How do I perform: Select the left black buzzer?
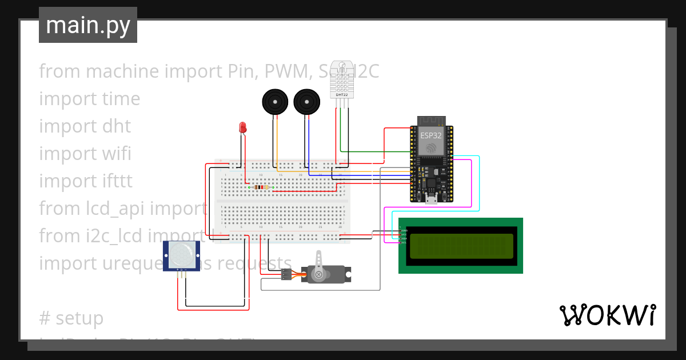[274, 102]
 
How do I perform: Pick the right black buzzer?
[305, 102]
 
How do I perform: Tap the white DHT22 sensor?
[342, 77]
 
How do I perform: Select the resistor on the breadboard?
[261, 187]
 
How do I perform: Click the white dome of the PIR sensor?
[182, 255]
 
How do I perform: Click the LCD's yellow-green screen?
[461, 246]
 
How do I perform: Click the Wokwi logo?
[607, 315]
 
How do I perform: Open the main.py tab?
[88, 25]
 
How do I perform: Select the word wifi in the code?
[117, 154]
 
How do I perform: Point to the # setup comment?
[71, 318]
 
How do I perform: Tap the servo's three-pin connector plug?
[286, 274]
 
